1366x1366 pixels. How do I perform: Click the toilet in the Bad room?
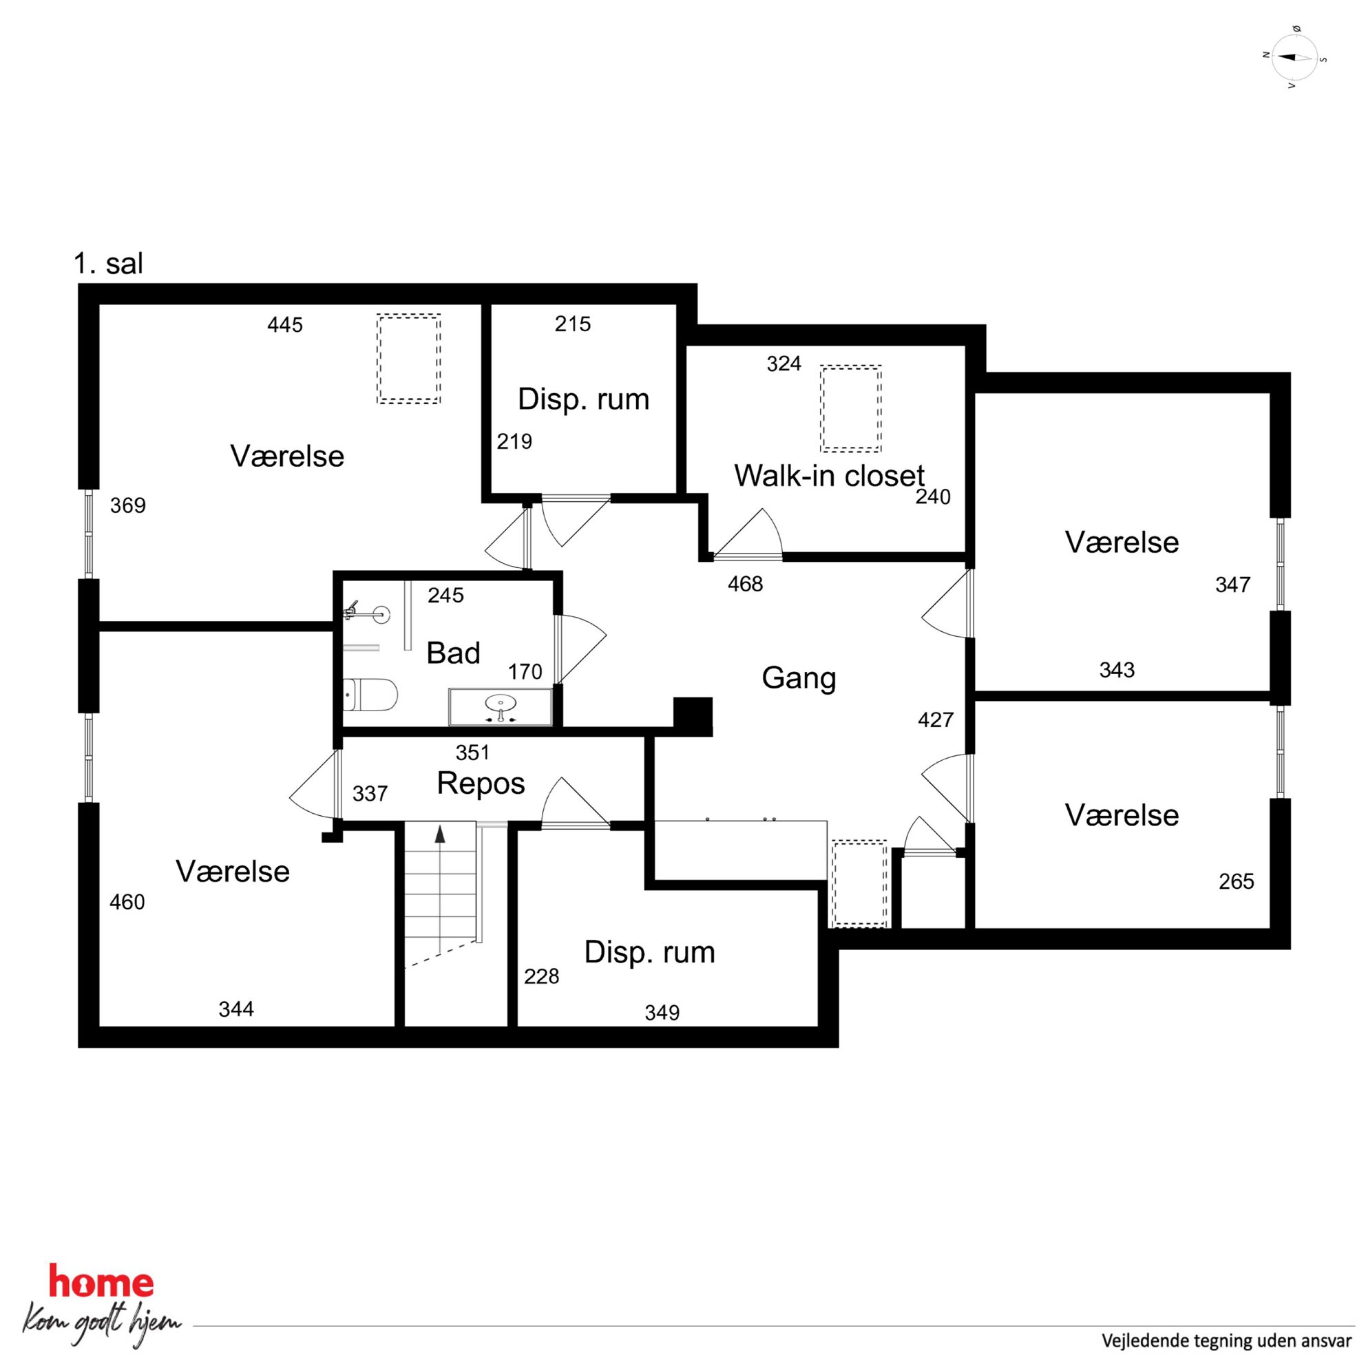[370, 695]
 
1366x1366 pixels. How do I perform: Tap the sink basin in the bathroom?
[501, 704]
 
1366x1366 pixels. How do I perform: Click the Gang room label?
[799, 679]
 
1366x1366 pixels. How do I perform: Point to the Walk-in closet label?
[830, 476]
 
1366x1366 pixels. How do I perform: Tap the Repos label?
[481, 784]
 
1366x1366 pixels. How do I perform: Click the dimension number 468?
[745, 584]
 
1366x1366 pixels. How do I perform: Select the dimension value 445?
[285, 325]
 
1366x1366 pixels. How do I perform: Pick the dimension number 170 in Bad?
[525, 672]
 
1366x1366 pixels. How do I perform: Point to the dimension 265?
[1237, 882]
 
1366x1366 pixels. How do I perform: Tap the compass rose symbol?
[1294, 57]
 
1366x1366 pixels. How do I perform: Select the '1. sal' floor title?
[108, 264]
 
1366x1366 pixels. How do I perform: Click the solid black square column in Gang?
[692, 717]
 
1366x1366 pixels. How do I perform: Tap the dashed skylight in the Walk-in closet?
[850, 409]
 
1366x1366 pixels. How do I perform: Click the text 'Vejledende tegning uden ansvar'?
[1227, 1341]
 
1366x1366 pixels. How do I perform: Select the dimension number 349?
[662, 1013]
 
